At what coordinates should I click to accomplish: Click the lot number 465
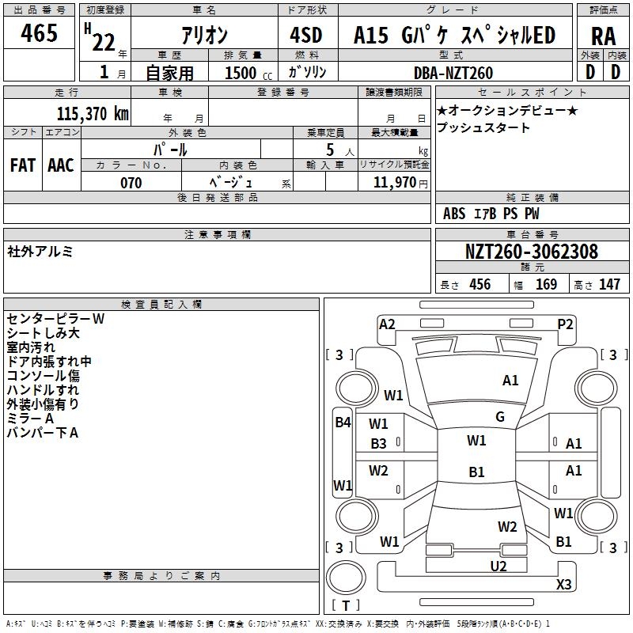point(40,34)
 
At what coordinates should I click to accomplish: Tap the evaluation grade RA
point(603,36)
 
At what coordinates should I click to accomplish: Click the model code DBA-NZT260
point(453,73)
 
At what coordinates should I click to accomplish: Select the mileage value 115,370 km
point(93,113)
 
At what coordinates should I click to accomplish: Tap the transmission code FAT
point(23,165)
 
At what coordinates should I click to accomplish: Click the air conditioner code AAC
point(61,165)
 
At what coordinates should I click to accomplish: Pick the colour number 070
point(131,183)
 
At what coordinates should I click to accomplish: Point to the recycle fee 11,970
point(394,183)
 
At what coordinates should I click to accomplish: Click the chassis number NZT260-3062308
point(531,252)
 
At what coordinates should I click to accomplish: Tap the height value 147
point(608,285)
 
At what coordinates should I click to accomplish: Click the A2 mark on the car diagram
point(387,324)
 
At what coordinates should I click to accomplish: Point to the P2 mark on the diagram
point(565,324)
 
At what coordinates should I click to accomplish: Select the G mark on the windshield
point(500,417)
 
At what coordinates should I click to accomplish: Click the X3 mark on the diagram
point(563,585)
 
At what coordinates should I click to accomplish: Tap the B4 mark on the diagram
point(343,423)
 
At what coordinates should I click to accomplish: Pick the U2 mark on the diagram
point(498,565)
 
